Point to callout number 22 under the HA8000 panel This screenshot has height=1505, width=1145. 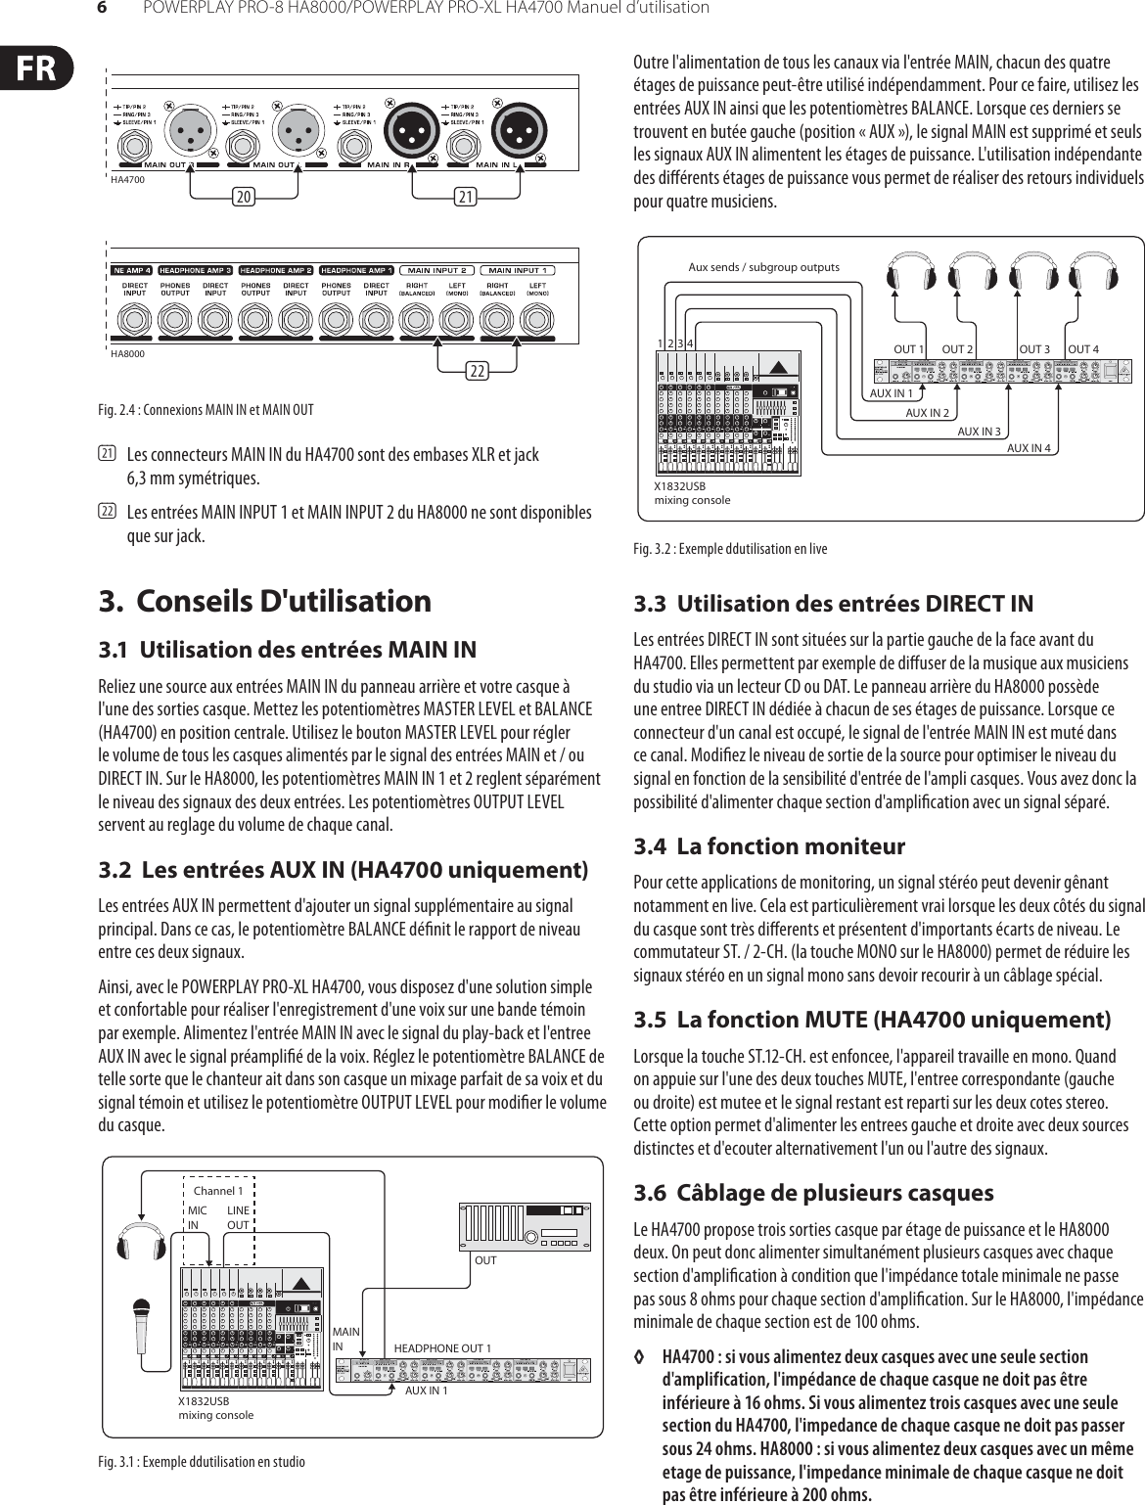pyautogui.click(x=478, y=372)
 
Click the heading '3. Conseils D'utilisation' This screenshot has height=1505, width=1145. pyautogui.click(x=265, y=601)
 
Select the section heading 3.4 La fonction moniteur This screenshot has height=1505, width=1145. pyautogui.click(x=769, y=845)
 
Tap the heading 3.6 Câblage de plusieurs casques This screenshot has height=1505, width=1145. pyautogui.click(x=813, y=1193)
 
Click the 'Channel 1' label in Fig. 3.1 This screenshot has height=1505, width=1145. pyautogui.click(x=218, y=1191)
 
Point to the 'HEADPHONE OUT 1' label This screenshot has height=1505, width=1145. pyautogui.click(x=442, y=1348)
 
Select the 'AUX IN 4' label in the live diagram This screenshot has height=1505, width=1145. pyautogui.click(x=1030, y=448)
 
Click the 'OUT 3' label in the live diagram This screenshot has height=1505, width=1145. pyautogui.click(x=1034, y=349)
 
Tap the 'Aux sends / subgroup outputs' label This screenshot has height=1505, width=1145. pyautogui.click(x=763, y=266)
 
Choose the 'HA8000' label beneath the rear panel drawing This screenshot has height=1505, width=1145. pyautogui.click(x=127, y=354)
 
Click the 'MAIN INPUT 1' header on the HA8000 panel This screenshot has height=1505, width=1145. pyautogui.click(x=518, y=270)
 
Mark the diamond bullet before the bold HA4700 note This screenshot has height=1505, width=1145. pyautogui.click(x=640, y=1357)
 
